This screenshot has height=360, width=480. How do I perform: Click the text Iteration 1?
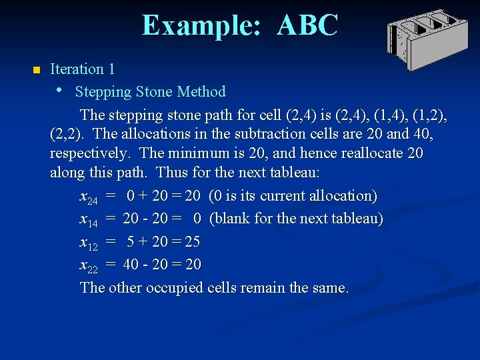(x=83, y=69)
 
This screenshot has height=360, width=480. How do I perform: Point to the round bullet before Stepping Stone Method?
(x=60, y=90)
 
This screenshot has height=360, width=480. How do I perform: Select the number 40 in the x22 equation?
(x=132, y=265)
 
